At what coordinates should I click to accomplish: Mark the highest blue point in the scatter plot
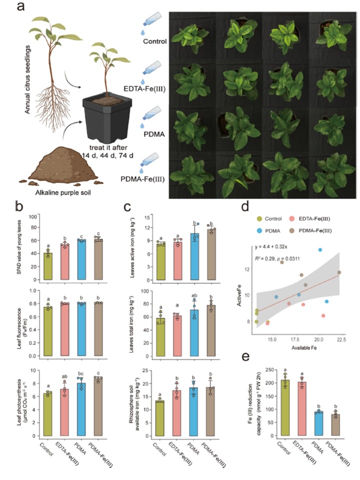point(320,249)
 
